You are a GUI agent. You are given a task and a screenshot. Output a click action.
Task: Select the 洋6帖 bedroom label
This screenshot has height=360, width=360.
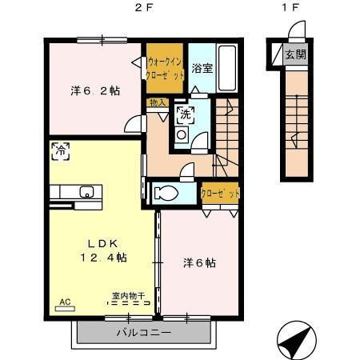199,262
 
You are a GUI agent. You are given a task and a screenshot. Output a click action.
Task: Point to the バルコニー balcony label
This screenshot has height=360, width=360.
144,332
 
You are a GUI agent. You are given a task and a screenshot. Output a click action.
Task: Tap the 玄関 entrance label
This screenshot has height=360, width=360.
296,55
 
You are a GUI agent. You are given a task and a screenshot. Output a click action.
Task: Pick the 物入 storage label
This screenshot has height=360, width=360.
157,103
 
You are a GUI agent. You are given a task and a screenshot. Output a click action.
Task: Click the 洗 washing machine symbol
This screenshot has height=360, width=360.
185,114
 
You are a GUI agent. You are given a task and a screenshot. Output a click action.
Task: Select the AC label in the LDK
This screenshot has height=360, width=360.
65,302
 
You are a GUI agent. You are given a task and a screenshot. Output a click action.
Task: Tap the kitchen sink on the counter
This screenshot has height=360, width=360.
86,192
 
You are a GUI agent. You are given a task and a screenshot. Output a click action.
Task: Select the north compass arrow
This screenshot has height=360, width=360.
298,339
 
